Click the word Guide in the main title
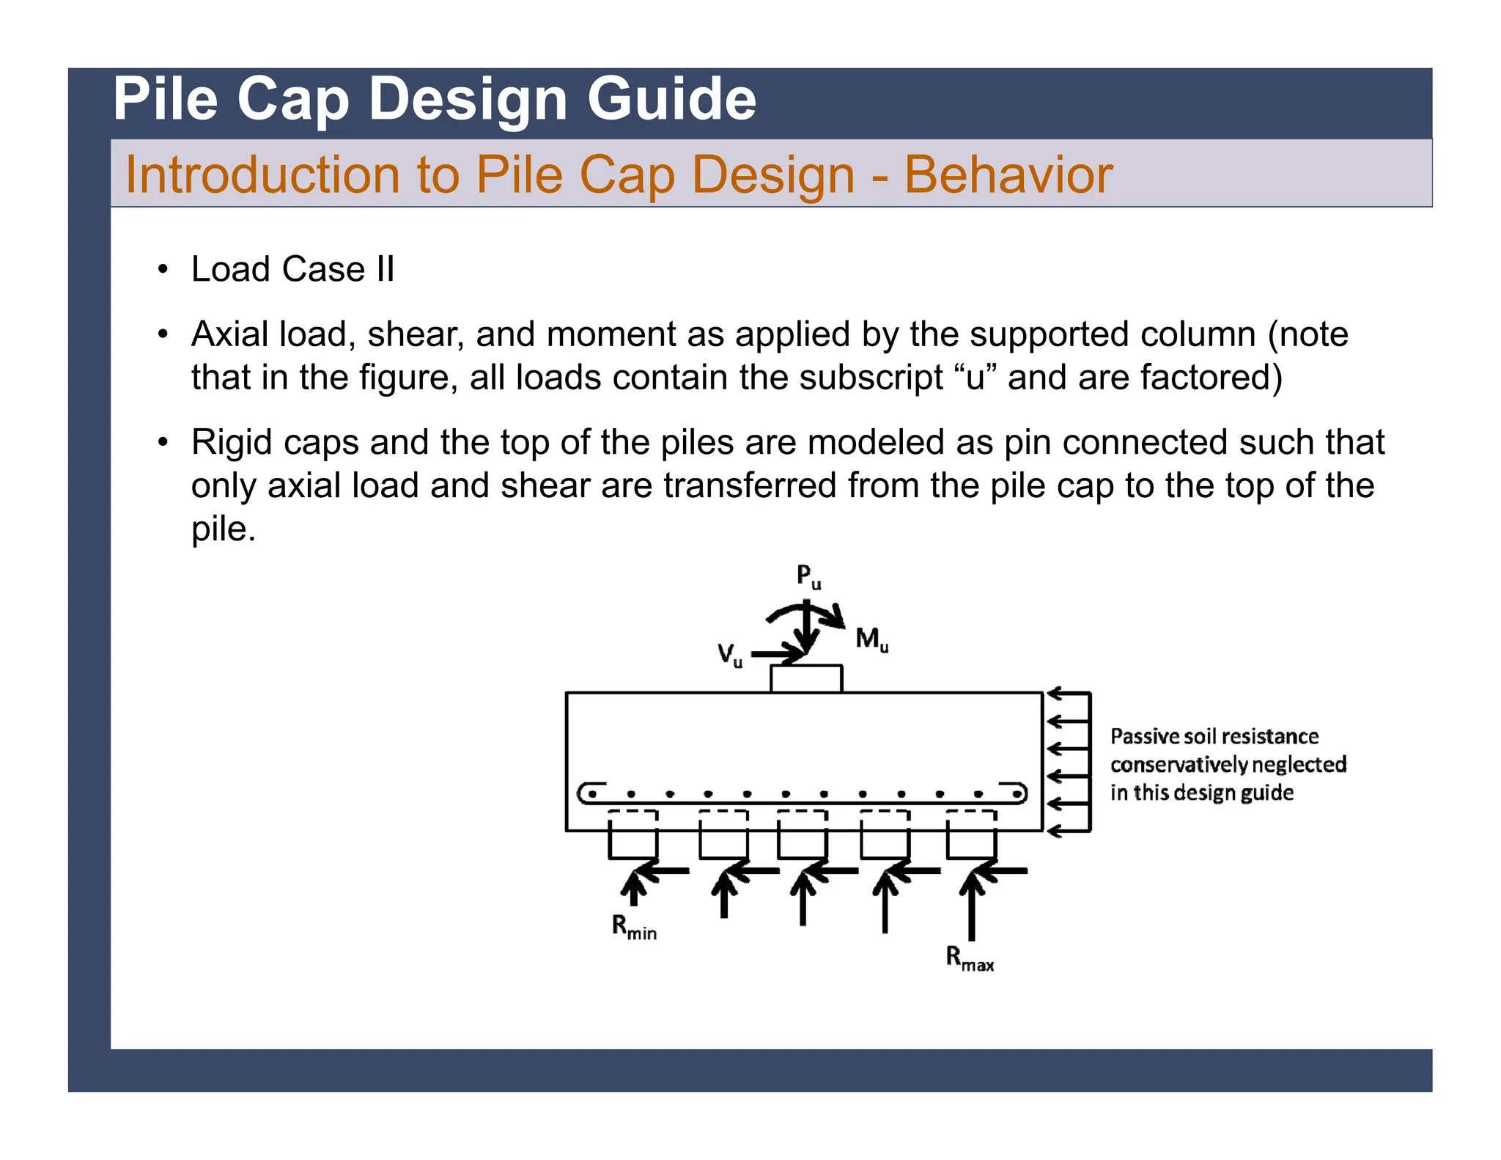[671, 99]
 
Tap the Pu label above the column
[808, 576]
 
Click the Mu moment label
[871, 639]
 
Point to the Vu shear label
[729, 654]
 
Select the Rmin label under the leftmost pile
[634, 928]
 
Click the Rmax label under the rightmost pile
[969, 959]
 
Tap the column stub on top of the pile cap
[806, 678]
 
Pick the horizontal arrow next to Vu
[777, 653]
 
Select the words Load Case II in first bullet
[292, 269]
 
